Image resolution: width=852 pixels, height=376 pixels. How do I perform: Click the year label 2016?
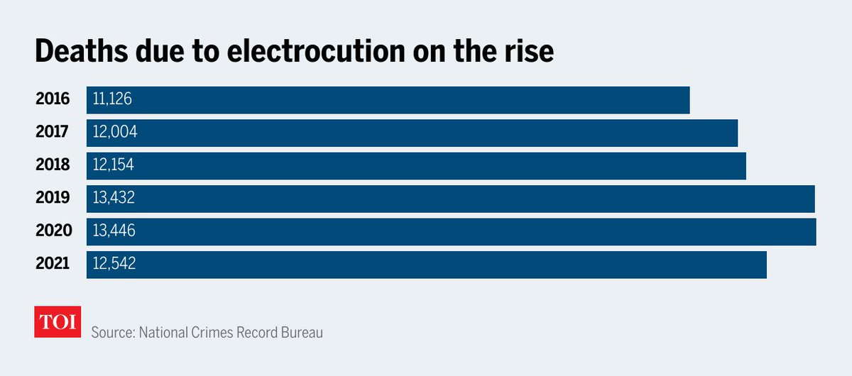[53, 99]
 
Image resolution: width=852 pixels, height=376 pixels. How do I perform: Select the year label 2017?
[53, 132]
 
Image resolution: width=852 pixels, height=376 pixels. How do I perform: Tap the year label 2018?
[53, 165]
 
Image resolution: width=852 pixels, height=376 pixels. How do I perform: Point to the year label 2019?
[53, 198]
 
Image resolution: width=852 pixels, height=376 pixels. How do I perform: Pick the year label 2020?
[53, 231]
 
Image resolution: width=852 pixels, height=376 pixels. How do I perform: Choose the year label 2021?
[53, 264]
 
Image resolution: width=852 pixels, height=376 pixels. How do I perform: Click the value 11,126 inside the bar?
[112, 99]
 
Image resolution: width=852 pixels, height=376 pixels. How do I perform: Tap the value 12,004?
[114, 132]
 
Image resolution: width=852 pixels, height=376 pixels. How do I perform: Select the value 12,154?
[113, 165]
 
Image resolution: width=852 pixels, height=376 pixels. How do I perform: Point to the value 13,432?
[114, 198]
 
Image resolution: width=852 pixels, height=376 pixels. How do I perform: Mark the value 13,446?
[114, 231]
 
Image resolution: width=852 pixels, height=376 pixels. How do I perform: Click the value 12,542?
[114, 264]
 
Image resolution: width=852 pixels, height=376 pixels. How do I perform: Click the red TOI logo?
[58, 322]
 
